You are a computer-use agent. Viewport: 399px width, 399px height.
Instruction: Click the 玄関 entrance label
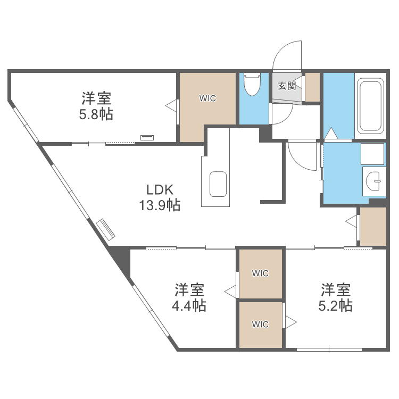tap(287, 86)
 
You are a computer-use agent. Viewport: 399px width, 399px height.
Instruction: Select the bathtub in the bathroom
tap(370, 106)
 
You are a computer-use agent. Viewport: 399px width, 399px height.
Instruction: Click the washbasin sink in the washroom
tap(375, 181)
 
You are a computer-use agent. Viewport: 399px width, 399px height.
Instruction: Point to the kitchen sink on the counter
tap(218, 184)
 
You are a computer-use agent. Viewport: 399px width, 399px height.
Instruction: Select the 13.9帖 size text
tap(160, 205)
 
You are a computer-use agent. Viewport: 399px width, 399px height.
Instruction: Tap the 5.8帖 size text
tap(96, 114)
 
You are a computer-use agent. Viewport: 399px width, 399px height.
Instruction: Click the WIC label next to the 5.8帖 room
tap(207, 98)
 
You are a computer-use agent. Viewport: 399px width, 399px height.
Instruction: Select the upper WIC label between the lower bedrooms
tap(260, 273)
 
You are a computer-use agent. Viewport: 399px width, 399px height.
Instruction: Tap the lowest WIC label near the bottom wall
tap(260, 324)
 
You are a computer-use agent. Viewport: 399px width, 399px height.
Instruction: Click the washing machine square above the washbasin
tap(372, 154)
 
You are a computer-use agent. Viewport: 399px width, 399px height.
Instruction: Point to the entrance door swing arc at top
tap(287, 56)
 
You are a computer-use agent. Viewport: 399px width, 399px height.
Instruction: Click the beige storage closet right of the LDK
tap(373, 227)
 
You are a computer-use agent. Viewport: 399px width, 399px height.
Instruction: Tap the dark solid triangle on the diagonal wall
tap(122, 260)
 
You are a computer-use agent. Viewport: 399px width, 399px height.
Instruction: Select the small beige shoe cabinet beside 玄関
tap(312, 86)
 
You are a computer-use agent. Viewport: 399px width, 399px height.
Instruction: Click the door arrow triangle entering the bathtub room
tap(331, 134)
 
